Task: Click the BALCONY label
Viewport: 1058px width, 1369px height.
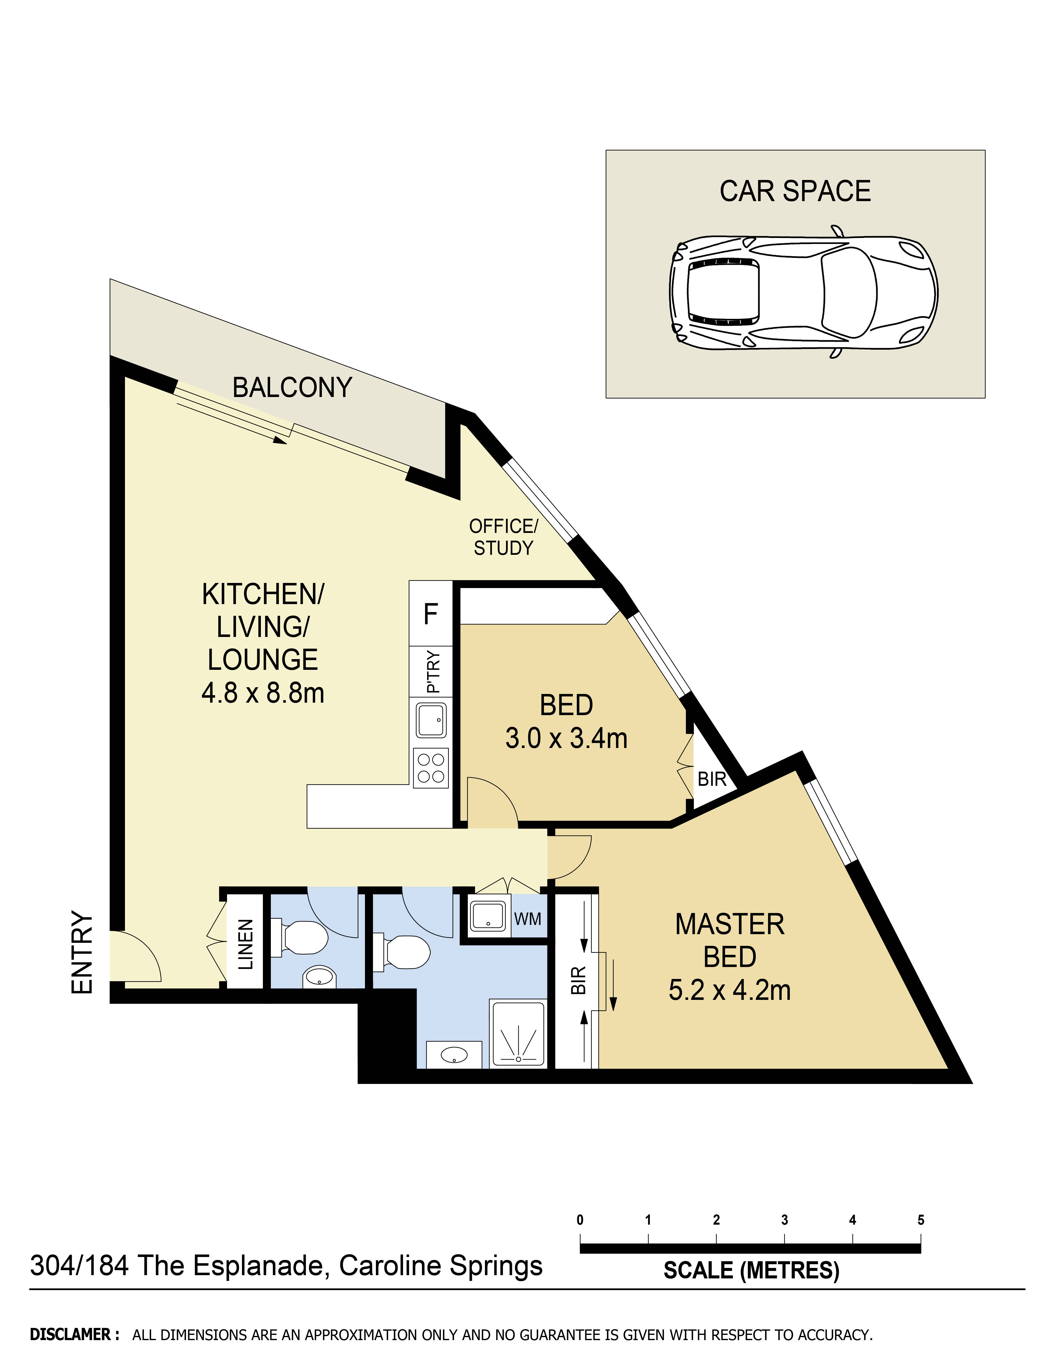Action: point(292,388)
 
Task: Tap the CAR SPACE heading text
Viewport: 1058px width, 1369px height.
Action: point(795,191)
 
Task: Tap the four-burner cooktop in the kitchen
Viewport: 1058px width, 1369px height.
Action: point(431,768)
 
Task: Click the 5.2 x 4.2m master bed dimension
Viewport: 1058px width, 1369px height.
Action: point(730,990)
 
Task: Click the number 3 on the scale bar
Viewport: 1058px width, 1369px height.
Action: point(784,1220)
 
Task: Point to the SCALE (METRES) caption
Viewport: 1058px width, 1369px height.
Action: point(751,1271)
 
